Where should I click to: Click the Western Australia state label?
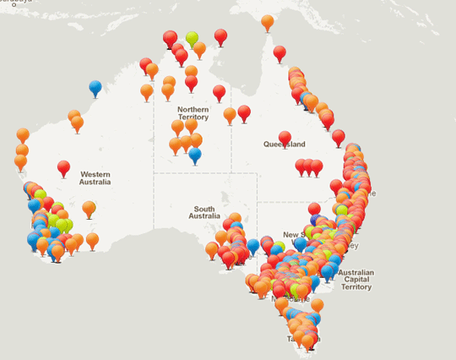pos(95,177)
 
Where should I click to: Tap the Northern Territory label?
pos(193,114)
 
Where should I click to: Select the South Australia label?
pos(204,213)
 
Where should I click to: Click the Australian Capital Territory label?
pos(355,280)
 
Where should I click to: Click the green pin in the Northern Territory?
pos(192,37)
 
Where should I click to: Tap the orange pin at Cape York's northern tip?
pos(268,21)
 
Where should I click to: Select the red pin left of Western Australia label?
pos(63,166)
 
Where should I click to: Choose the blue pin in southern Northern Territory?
pos(195,154)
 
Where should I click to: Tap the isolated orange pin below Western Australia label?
pos(89,207)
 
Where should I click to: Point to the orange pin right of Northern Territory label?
pos(230,113)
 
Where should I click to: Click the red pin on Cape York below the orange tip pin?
pos(280,52)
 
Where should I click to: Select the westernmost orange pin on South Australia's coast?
pos(212,248)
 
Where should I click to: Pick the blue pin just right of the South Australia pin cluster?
pos(252,245)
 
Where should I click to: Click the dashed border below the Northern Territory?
pos(203,173)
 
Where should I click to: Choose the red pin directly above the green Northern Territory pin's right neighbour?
pos(220,35)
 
